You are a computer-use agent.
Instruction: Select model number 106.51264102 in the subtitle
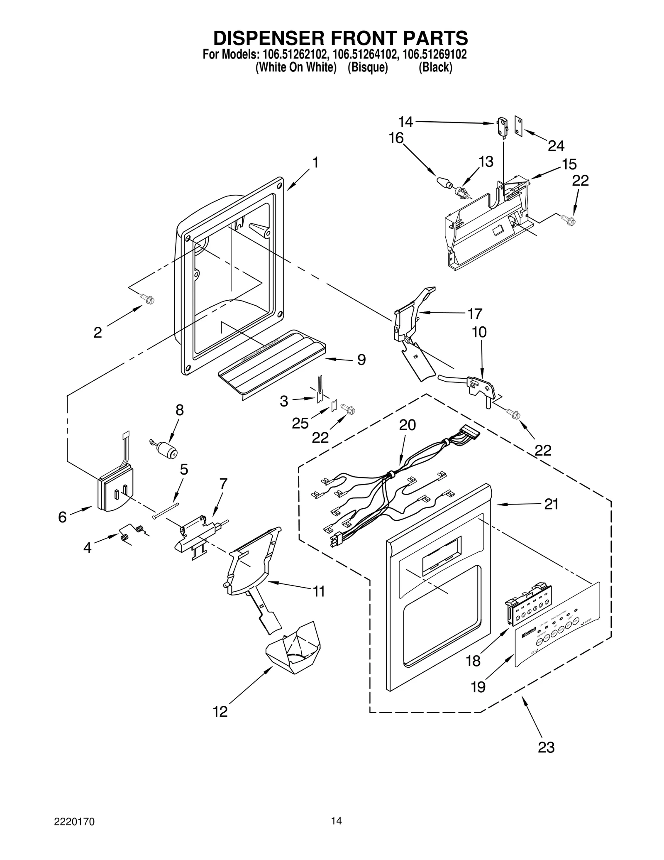tap(364, 55)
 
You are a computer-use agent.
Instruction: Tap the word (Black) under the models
tap(435, 67)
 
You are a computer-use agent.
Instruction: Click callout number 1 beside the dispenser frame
tap(315, 162)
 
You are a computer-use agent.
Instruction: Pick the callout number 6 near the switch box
tap(62, 517)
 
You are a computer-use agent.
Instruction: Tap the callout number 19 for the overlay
tap(478, 687)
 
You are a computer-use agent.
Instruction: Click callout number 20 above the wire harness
tap(407, 425)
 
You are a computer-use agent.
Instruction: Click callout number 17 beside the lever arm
tap(475, 314)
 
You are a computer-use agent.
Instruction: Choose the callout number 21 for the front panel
tap(551, 504)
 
